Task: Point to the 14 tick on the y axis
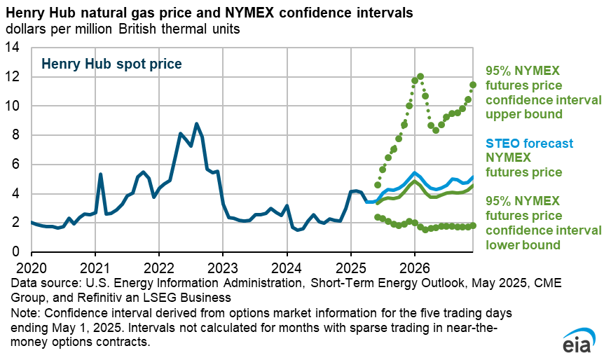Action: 14,48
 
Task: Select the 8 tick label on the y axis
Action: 18,135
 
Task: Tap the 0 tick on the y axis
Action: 18,252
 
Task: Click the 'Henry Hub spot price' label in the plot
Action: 111,64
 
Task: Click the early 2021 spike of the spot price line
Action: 101,174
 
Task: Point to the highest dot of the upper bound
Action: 420,76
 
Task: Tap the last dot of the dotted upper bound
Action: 473,85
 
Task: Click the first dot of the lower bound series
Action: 378,217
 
